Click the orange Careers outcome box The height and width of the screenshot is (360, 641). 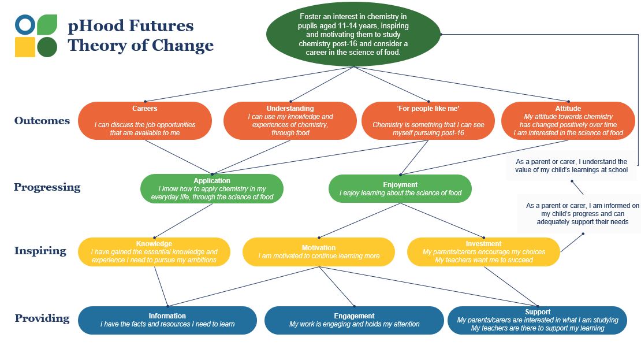[145, 121]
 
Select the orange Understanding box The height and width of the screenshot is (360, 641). [290, 121]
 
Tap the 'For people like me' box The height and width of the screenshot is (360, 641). [428, 121]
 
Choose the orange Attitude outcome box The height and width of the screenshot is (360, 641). [568, 121]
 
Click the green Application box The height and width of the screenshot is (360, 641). [212, 188]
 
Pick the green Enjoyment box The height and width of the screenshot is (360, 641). [400, 188]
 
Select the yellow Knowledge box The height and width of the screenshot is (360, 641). [154, 252]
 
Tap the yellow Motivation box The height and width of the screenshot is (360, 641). [319, 252]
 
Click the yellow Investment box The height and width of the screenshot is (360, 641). [483, 252]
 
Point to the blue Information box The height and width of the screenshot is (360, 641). [167, 320]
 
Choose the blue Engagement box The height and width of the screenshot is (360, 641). [354, 320]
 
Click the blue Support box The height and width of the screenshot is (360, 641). [538, 320]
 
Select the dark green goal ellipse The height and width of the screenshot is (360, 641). [353, 34]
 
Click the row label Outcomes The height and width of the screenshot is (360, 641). [42, 121]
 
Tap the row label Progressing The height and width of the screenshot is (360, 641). [47, 187]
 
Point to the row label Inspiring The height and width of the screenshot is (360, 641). [40, 251]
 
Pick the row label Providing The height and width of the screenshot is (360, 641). [42, 318]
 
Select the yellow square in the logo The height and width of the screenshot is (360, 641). [25, 47]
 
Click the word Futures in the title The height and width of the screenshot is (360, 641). [162, 26]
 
